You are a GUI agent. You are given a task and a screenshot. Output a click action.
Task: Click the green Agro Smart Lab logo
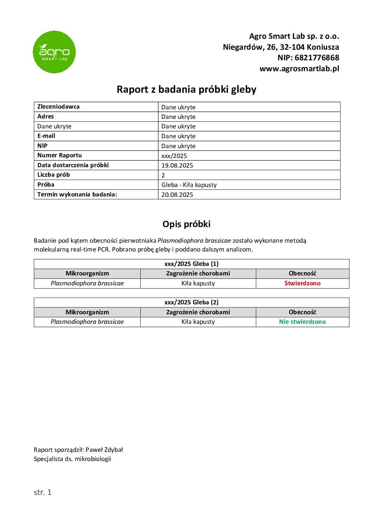tap(54, 52)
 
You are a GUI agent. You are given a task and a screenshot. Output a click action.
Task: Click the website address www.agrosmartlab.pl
tap(299, 69)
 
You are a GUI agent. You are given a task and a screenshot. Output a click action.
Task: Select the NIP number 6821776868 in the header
tap(317, 58)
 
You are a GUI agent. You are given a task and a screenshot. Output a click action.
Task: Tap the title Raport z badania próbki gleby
tap(186, 89)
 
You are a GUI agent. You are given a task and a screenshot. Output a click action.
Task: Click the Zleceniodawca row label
tap(59, 107)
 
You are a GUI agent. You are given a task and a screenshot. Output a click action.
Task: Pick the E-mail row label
tap(46, 136)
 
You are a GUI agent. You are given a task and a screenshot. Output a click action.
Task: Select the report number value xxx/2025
tap(174, 156)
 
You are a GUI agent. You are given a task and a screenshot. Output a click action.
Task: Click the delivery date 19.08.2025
tap(177, 165)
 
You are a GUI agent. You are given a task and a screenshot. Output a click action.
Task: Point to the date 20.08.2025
tap(177, 194)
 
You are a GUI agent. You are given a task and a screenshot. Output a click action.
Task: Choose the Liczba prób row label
tap(54, 175)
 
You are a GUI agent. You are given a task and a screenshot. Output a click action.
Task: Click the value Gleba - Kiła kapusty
tap(189, 185)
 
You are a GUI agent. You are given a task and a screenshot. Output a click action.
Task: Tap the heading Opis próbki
tap(186, 224)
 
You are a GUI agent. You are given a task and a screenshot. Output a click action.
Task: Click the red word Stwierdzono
tap(302, 283)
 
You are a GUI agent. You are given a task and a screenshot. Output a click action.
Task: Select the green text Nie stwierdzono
tap(302, 322)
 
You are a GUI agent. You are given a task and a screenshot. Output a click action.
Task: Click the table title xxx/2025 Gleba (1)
tap(191, 264)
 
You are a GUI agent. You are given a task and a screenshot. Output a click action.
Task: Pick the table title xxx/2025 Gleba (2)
tap(191, 302)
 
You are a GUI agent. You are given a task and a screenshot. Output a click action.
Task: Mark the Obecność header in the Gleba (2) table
tap(302, 312)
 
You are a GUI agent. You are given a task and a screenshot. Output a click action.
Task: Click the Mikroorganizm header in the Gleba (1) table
tap(87, 273)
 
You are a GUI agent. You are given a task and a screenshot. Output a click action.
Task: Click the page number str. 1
tap(43, 492)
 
